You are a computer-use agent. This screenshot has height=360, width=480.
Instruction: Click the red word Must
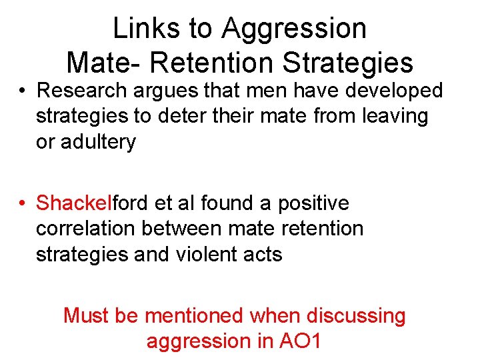pos(86,315)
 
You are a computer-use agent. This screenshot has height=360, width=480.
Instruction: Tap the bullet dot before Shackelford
pos(23,203)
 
